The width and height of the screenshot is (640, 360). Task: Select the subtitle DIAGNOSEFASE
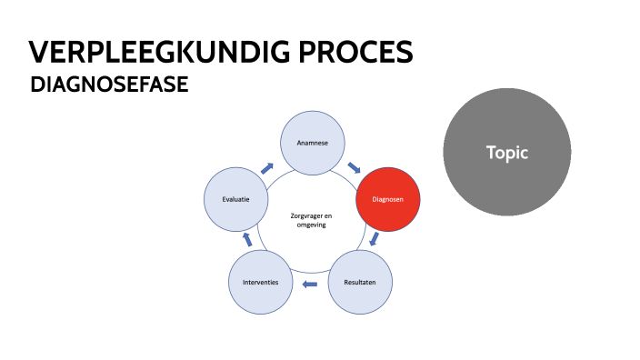(x=109, y=85)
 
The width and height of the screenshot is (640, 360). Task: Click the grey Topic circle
(x=506, y=153)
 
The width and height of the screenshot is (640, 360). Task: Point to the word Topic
(x=506, y=153)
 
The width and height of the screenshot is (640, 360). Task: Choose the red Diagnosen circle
(x=387, y=199)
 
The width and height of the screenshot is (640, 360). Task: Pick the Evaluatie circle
(x=236, y=198)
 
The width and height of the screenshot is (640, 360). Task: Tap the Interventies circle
(x=261, y=283)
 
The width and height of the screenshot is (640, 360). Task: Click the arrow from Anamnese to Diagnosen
(x=354, y=168)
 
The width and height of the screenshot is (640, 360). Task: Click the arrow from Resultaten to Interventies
(x=310, y=285)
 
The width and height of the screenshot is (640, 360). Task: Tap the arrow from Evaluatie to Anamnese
(x=266, y=168)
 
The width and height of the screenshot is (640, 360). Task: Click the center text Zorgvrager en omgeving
(x=311, y=220)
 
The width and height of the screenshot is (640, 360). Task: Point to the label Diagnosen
(x=387, y=199)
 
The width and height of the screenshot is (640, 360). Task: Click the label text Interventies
(x=261, y=283)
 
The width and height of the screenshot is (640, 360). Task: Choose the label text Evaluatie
(x=236, y=198)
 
